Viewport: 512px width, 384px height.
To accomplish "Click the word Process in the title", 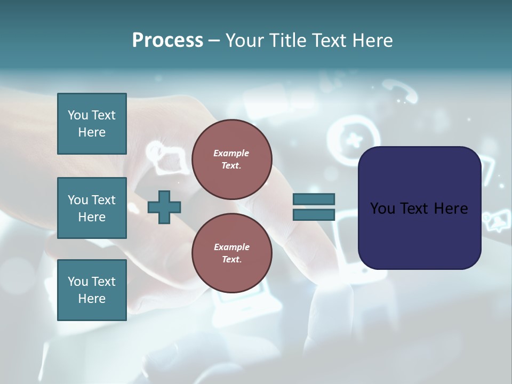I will [x=167, y=41].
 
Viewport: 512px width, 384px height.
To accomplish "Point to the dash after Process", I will [x=214, y=41].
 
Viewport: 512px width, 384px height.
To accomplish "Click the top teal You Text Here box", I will [x=92, y=124].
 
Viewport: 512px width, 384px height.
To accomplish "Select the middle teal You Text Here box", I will [x=92, y=208].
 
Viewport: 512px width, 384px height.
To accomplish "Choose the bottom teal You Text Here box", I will [x=92, y=290].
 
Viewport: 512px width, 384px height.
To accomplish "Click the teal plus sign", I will [x=164, y=207].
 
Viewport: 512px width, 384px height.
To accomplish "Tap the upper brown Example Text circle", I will [x=231, y=159].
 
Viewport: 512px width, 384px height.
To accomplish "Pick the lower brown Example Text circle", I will [x=231, y=253].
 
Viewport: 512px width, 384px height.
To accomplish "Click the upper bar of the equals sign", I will [x=314, y=199].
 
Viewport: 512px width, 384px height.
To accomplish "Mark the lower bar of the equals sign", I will [x=314, y=215].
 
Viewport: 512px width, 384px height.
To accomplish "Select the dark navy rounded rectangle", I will [x=419, y=207].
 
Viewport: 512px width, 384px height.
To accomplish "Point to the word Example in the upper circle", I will [x=231, y=153].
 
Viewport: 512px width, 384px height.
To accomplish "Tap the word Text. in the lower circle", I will [x=231, y=260].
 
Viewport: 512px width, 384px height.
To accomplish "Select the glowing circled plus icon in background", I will [x=352, y=140].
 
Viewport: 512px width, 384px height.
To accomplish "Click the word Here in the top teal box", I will [x=92, y=132].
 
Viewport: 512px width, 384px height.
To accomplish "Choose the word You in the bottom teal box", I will [x=78, y=282].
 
